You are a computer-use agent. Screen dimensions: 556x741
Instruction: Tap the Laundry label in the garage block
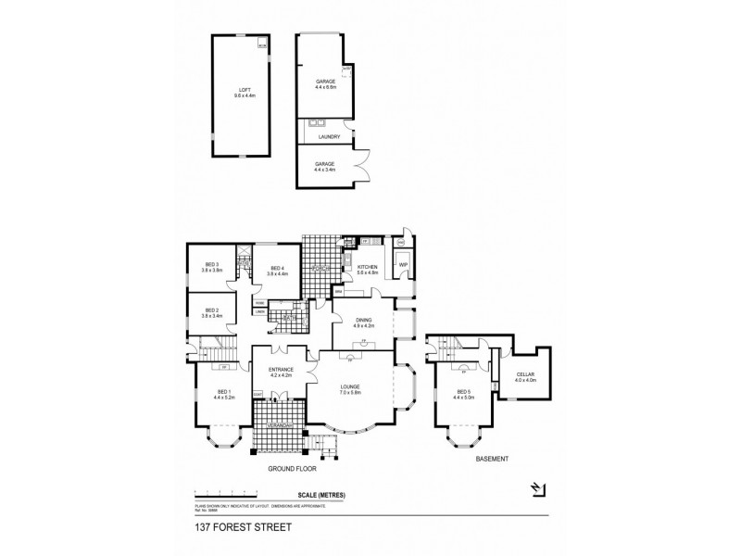click(x=328, y=137)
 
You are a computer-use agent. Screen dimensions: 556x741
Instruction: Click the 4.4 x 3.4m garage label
click(x=324, y=168)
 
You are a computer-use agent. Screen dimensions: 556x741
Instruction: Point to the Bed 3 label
click(x=211, y=269)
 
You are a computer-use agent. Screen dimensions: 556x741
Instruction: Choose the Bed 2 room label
click(x=211, y=312)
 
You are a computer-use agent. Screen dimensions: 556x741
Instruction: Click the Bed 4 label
click(x=278, y=271)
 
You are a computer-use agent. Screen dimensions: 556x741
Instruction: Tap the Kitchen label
click(x=369, y=269)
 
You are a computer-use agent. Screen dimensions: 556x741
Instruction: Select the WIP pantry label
click(x=404, y=265)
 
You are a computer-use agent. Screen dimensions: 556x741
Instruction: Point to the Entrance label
click(x=281, y=372)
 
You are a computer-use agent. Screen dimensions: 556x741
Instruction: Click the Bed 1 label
click(x=223, y=394)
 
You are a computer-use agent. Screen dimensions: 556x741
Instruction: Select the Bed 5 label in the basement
click(x=463, y=395)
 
